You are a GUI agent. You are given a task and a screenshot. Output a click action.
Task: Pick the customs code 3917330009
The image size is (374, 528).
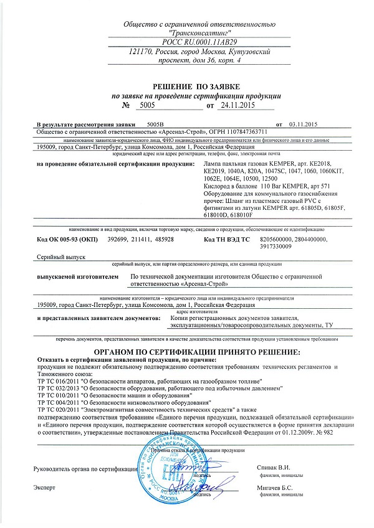[277, 247]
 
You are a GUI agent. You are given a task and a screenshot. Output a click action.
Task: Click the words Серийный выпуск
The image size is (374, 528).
[57, 257]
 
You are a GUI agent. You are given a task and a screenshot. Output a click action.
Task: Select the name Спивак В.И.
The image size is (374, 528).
[273, 466]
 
